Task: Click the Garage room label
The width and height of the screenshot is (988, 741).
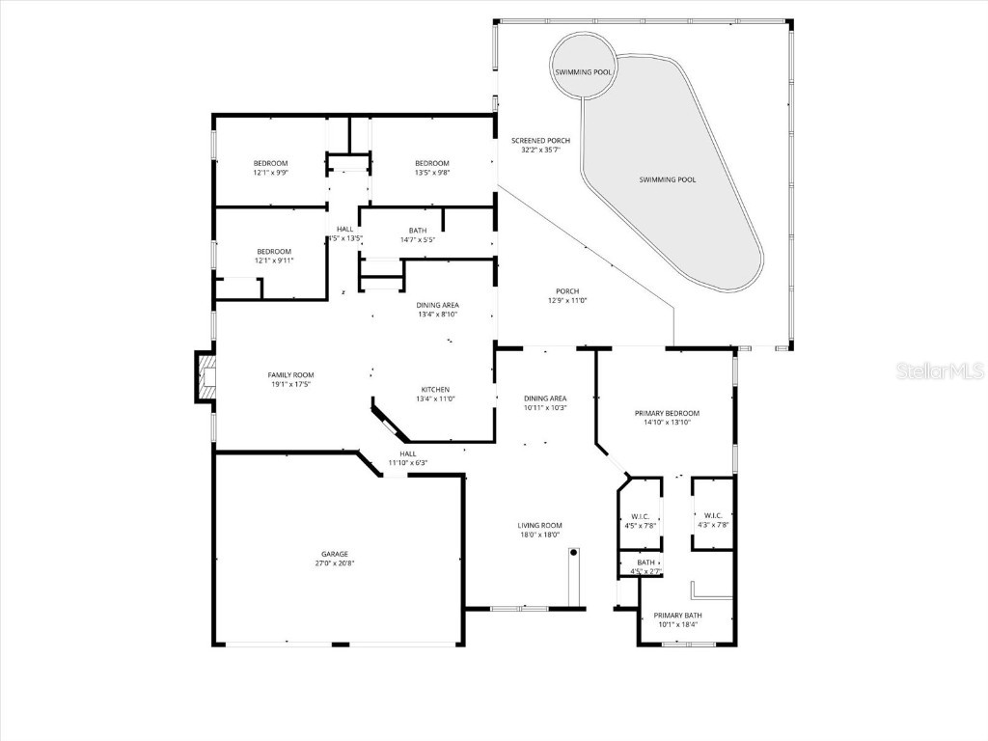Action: click(335, 555)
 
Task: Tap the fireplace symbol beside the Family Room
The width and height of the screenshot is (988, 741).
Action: click(205, 378)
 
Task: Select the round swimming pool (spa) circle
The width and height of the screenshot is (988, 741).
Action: click(583, 67)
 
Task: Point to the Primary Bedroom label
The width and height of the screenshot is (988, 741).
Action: click(667, 413)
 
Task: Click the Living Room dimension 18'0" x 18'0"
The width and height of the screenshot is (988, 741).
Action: click(539, 535)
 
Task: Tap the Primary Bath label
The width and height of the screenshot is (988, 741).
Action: click(677, 616)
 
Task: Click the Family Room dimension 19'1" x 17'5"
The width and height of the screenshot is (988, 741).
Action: click(290, 384)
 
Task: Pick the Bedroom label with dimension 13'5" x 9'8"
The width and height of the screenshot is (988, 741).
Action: click(432, 163)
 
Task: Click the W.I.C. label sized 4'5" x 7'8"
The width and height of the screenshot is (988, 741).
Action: click(640, 515)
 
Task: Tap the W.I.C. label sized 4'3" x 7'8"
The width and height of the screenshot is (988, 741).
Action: click(713, 515)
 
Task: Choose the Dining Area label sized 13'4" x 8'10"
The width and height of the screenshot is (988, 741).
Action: click(438, 305)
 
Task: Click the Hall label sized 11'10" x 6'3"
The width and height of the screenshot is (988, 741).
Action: click(408, 453)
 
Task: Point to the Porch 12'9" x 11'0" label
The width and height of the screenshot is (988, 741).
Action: click(567, 291)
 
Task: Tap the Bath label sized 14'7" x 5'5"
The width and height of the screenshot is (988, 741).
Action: click(417, 231)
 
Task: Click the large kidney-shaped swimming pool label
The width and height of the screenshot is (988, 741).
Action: click(667, 179)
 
